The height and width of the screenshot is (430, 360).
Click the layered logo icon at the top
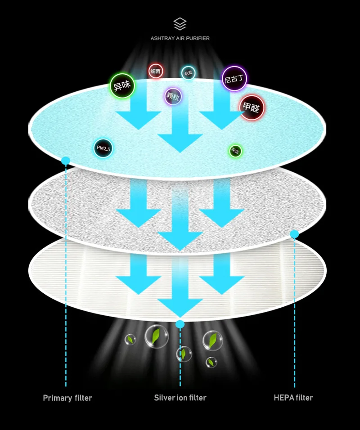click(180, 24)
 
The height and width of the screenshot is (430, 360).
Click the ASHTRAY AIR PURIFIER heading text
click(180, 38)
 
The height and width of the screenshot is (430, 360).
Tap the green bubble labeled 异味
click(122, 86)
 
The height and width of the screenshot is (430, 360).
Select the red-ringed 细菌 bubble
click(155, 71)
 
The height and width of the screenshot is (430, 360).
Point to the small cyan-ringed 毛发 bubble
click(188, 73)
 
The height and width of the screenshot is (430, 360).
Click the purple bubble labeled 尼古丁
click(234, 79)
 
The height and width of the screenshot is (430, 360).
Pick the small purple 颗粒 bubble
click(173, 96)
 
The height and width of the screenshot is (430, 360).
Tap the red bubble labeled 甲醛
click(252, 107)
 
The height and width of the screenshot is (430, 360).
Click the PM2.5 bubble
click(103, 148)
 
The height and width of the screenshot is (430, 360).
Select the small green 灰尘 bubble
click(235, 151)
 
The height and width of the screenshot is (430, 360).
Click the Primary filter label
click(67, 398)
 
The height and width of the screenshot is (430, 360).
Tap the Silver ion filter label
click(180, 398)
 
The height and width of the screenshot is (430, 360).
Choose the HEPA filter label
click(293, 398)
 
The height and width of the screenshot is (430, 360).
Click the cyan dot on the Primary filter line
click(66, 161)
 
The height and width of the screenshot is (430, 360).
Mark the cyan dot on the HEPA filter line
click(294, 234)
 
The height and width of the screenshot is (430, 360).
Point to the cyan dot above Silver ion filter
click(180, 324)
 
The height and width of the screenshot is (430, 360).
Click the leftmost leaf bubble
click(130, 340)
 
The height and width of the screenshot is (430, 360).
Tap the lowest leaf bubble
click(211, 362)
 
